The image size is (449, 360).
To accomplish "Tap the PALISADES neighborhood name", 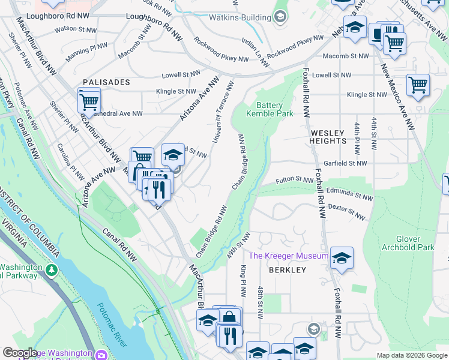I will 106,82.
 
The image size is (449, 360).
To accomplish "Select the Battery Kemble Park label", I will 270,109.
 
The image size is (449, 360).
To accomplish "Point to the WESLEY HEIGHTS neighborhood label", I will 328,137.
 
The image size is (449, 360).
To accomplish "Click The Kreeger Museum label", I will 289,256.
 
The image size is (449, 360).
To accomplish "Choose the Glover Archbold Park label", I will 408,242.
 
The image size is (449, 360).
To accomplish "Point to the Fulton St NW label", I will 294,180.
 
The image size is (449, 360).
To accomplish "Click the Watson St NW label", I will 75,28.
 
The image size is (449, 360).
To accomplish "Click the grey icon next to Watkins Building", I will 280,17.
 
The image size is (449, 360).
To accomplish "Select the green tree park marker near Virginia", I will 52,271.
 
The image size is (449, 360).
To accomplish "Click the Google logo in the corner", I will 20,353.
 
